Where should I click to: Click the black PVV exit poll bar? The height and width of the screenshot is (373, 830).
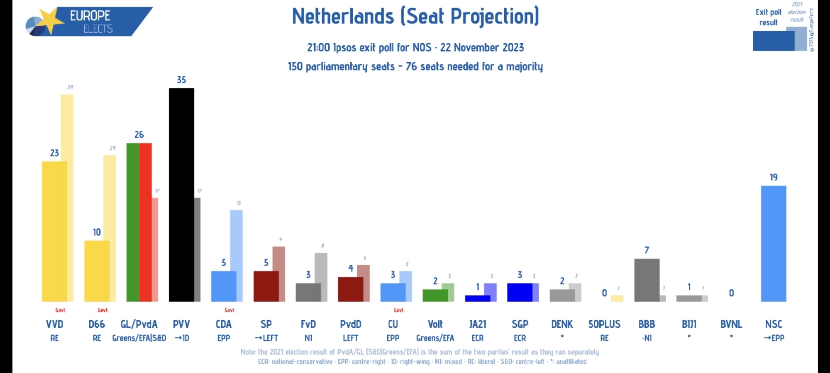(x=181, y=195)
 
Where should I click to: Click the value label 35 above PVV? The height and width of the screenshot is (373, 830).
(x=181, y=80)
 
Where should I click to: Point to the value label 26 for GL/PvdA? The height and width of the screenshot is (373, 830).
(x=139, y=134)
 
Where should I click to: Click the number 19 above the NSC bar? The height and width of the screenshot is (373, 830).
(x=774, y=177)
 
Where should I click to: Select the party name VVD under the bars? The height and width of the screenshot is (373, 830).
(x=54, y=324)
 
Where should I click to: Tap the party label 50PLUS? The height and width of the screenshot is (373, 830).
(x=604, y=324)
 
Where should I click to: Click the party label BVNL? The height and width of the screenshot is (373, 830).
(x=731, y=324)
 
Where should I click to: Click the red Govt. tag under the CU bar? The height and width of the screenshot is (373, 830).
(x=399, y=310)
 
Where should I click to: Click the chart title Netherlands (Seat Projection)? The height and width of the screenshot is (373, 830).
(x=415, y=17)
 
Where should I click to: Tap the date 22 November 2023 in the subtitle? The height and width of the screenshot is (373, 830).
(x=482, y=48)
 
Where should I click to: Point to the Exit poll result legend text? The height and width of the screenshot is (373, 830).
(x=768, y=17)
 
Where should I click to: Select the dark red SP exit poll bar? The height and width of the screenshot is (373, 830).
(x=266, y=286)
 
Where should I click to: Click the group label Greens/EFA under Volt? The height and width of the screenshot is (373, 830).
(x=435, y=338)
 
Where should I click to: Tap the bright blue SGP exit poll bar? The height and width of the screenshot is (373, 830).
(x=520, y=293)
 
